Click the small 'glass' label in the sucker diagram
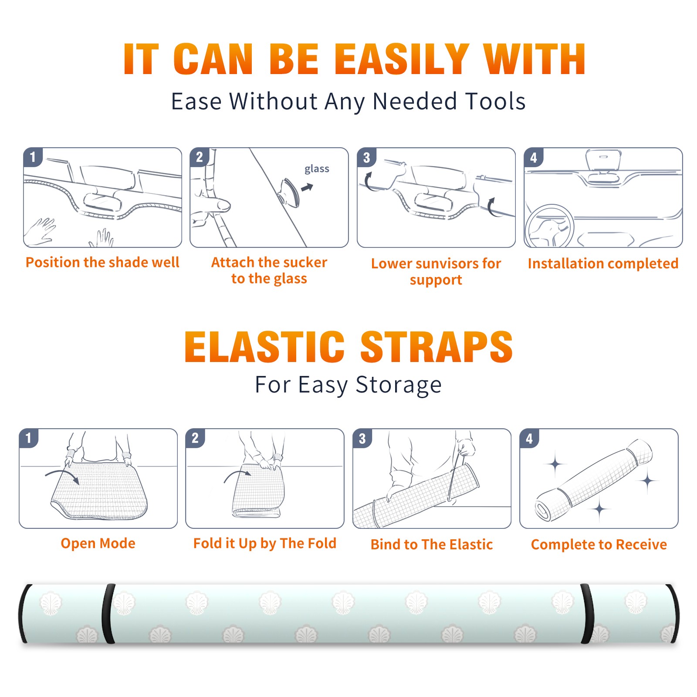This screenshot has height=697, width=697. [317, 169]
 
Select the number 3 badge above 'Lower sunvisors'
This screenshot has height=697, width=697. [366, 157]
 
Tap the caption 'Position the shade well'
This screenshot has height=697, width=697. [102, 262]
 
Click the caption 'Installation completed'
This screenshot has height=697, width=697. [603, 264]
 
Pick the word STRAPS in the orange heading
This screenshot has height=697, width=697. [436, 347]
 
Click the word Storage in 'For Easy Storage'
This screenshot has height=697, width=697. [399, 385]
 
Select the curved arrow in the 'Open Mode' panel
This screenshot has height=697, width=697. [62, 476]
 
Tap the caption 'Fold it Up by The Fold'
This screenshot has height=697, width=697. [265, 543]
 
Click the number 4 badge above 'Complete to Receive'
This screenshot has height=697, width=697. [529, 438]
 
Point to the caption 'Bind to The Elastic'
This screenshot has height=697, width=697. [432, 545]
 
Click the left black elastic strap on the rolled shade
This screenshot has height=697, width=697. [108, 614]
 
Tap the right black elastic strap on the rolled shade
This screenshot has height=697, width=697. [587, 614]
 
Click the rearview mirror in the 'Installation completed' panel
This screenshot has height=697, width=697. [603, 160]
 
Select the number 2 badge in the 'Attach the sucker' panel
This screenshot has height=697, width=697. [199, 157]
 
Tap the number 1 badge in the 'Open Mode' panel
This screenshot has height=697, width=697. [28, 438]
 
